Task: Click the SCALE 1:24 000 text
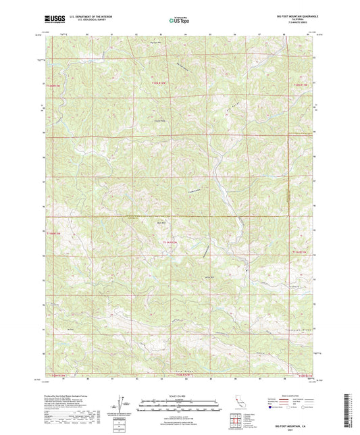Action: [179, 396]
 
